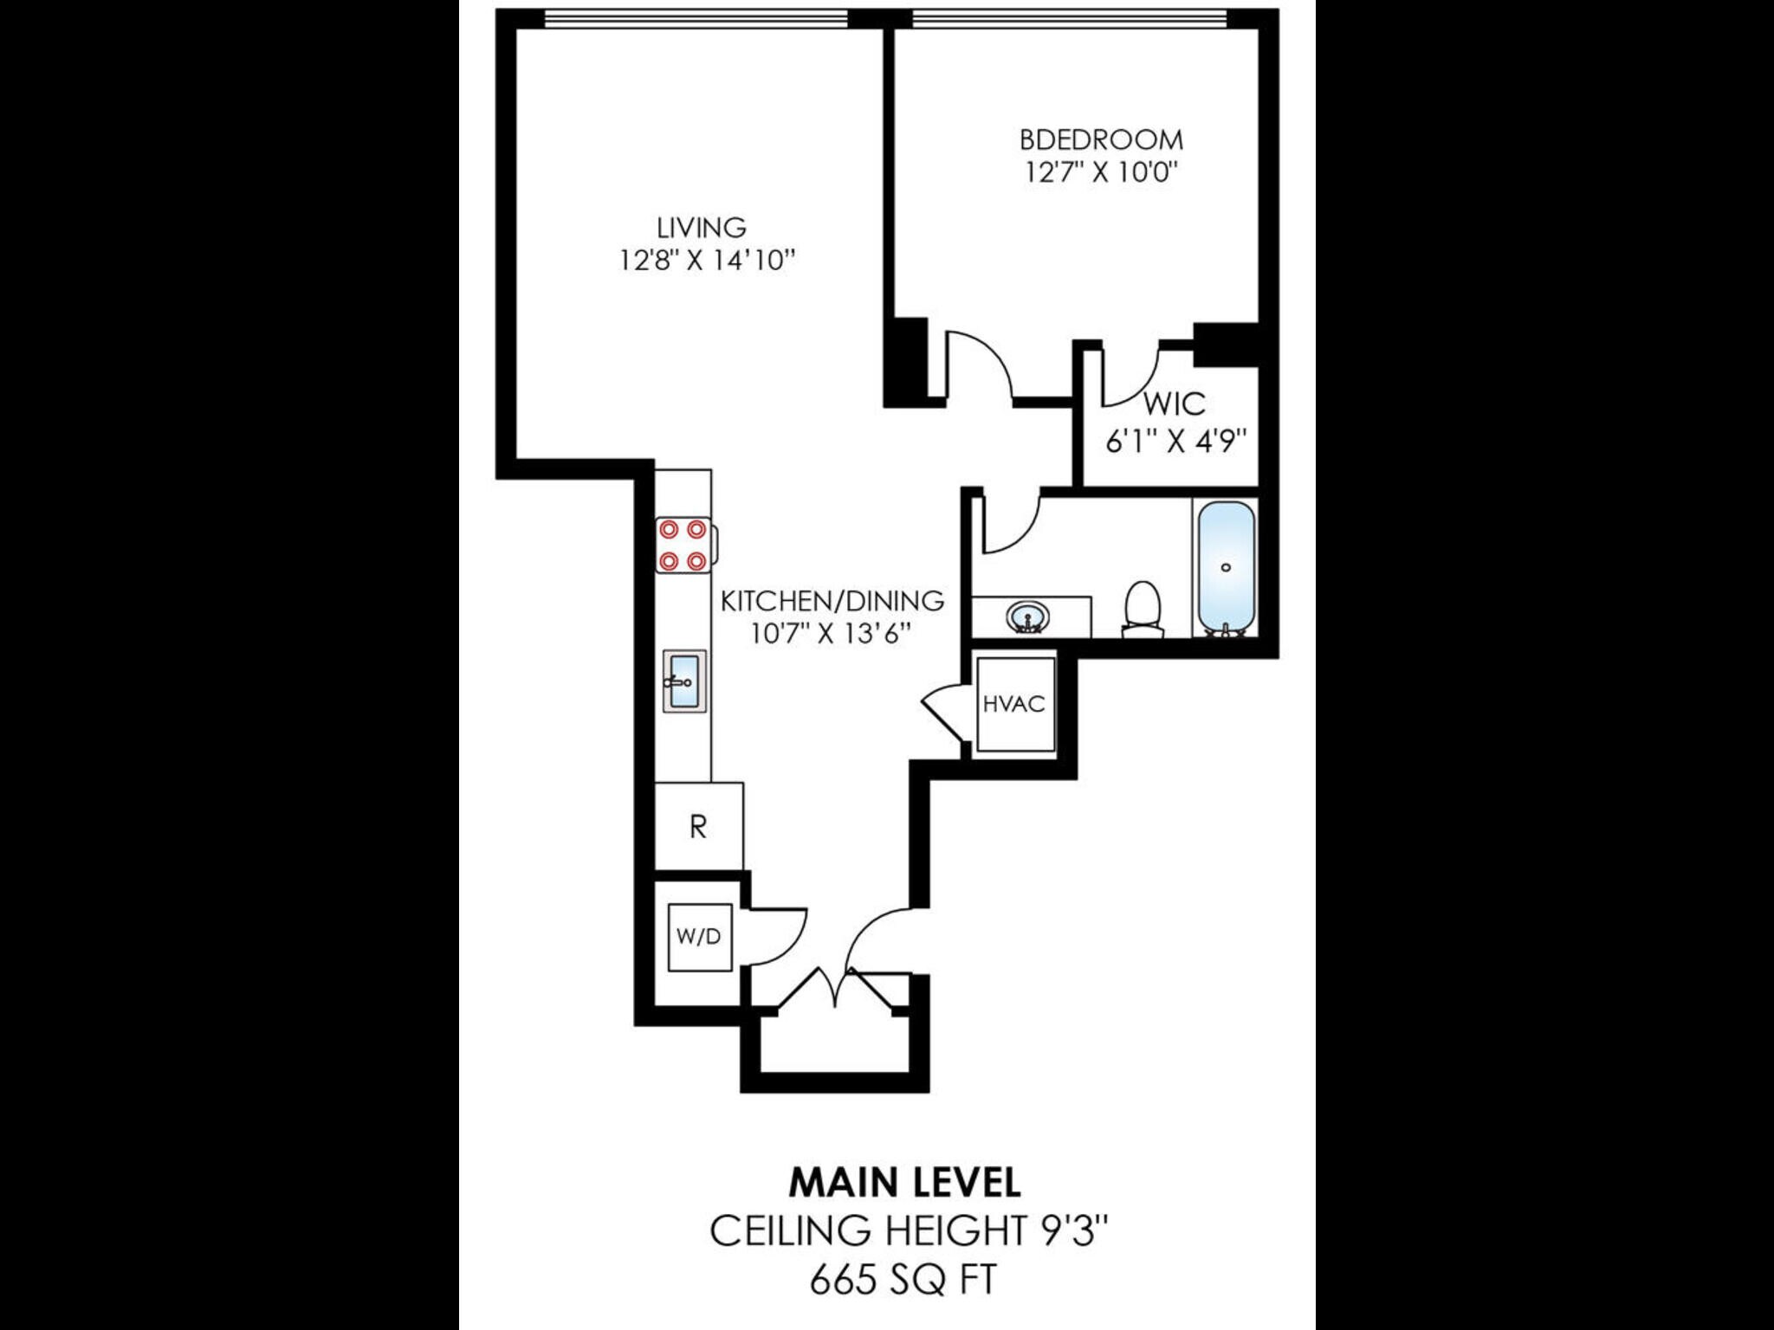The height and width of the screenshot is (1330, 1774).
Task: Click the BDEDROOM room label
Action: pos(1100,139)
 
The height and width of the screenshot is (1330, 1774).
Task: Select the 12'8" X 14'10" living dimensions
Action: pos(706,260)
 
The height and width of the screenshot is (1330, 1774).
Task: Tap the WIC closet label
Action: pos(1174,404)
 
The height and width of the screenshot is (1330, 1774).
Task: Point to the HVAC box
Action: pos(1014,704)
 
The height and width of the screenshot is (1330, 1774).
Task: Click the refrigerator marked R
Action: pos(698,827)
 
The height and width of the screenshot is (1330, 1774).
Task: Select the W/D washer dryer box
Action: pos(699,937)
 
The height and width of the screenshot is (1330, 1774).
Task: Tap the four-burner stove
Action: pos(683,546)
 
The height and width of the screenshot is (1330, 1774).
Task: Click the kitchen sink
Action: pos(684,681)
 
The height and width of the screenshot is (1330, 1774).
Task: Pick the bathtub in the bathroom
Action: pos(1225,567)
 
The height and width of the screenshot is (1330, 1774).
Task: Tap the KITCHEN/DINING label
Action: pos(832,600)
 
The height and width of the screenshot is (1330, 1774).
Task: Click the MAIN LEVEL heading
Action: pos(904,1183)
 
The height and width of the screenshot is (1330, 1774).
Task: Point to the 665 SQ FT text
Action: pos(903,1278)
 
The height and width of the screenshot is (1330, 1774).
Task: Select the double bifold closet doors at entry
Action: pos(836,989)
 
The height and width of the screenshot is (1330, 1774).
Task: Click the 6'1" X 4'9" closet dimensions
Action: pos(1175,442)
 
